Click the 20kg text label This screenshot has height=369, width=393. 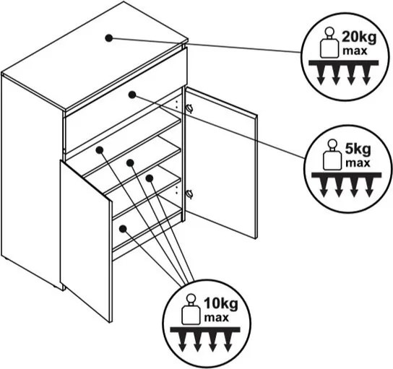359,38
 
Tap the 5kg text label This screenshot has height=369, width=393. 358,150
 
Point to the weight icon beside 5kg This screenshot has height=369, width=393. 332,155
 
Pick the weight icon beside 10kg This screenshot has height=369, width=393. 191,309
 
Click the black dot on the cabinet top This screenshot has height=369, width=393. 109,38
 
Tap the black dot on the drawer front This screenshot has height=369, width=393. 132,95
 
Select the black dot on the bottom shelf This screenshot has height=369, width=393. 123,228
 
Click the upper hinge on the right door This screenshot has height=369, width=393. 189,108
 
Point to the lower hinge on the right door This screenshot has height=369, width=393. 190,194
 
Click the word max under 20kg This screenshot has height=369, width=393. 355,51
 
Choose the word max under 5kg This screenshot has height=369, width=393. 358,163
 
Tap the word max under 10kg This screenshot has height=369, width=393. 217,318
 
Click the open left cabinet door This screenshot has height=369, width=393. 85,241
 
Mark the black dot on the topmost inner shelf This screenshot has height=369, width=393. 100,149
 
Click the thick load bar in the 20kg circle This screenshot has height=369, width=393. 343,63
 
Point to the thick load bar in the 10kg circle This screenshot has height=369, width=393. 205,329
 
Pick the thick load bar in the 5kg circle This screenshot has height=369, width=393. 346,175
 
